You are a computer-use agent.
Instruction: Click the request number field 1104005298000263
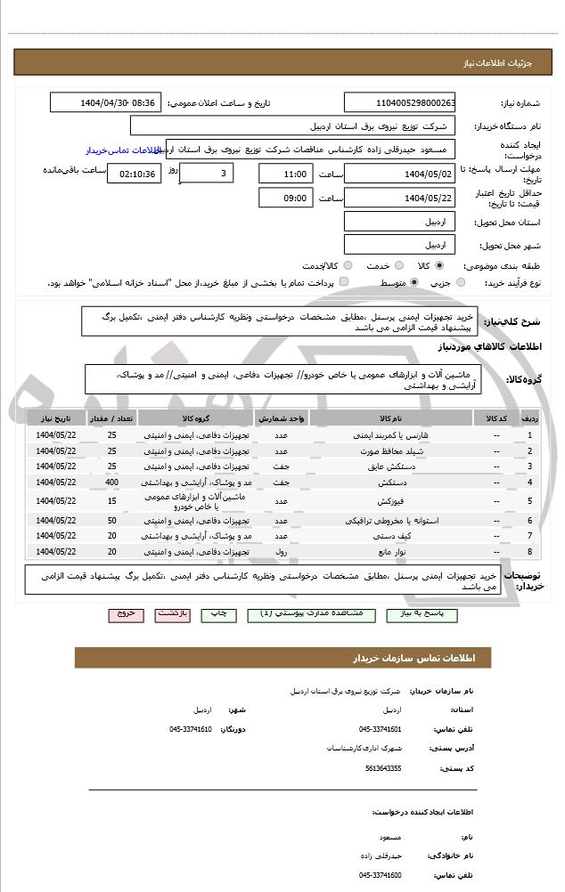coord(400,102)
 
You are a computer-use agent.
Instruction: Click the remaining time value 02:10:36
coord(134,174)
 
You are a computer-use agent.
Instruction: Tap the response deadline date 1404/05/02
coord(400,174)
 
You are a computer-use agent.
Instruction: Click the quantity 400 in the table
coord(111,482)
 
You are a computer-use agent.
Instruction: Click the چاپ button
coord(217,614)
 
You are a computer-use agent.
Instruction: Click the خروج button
coord(125,614)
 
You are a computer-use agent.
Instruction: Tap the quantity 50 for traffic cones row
coord(111,520)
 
